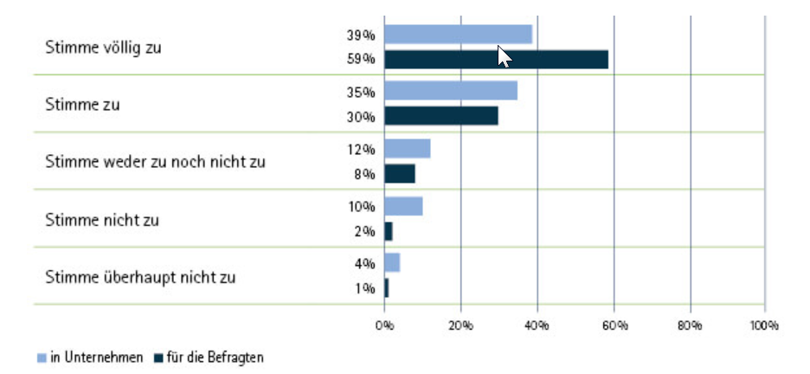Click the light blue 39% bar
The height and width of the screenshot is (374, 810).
pyautogui.click(x=458, y=35)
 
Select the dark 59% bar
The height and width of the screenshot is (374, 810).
pyautogui.click(x=496, y=60)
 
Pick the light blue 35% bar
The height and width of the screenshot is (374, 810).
pyautogui.click(x=451, y=91)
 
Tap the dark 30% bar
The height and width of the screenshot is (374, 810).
pyautogui.click(x=441, y=116)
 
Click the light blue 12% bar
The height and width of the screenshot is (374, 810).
pyautogui.click(x=407, y=149)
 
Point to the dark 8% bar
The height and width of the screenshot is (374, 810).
pyautogui.click(x=400, y=173)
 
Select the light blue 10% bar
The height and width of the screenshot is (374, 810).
pyautogui.click(x=403, y=206)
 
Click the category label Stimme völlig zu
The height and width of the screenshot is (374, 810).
pyautogui.click(x=103, y=47)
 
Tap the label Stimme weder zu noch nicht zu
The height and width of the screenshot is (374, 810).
pyautogui.click(x=155, y=162)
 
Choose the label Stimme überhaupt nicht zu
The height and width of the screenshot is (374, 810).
pyautogui.click(x=140, y=278)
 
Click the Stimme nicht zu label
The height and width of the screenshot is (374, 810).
pyautogui.click(x=102, y=220)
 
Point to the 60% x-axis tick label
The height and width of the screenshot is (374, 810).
pyautogui.click(x=614, y=326)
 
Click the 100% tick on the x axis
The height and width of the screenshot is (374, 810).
pyautogui.click(x=765, y=326)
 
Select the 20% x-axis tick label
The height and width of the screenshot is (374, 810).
pyautogui.click(x=460, y=326)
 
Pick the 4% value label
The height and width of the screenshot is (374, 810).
pyautogui.click(x=365, y=263)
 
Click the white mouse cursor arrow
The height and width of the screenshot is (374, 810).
pyautogui.click(x=504, y=56)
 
